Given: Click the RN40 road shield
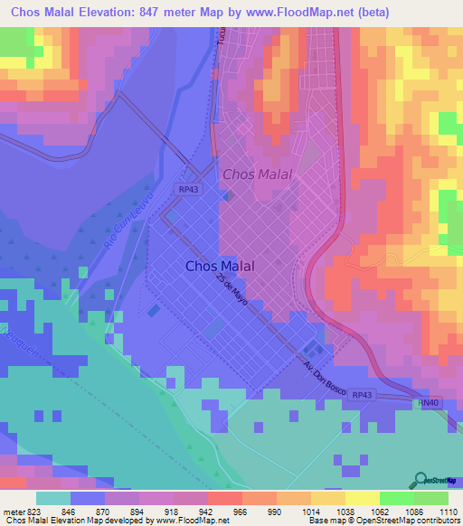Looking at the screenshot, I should point(426,403).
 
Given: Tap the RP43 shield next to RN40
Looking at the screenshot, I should point(362,395).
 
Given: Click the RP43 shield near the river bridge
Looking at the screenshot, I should point(187,188).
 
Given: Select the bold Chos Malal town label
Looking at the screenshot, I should point(219,266).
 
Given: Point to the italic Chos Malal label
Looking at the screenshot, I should point(256,174).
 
